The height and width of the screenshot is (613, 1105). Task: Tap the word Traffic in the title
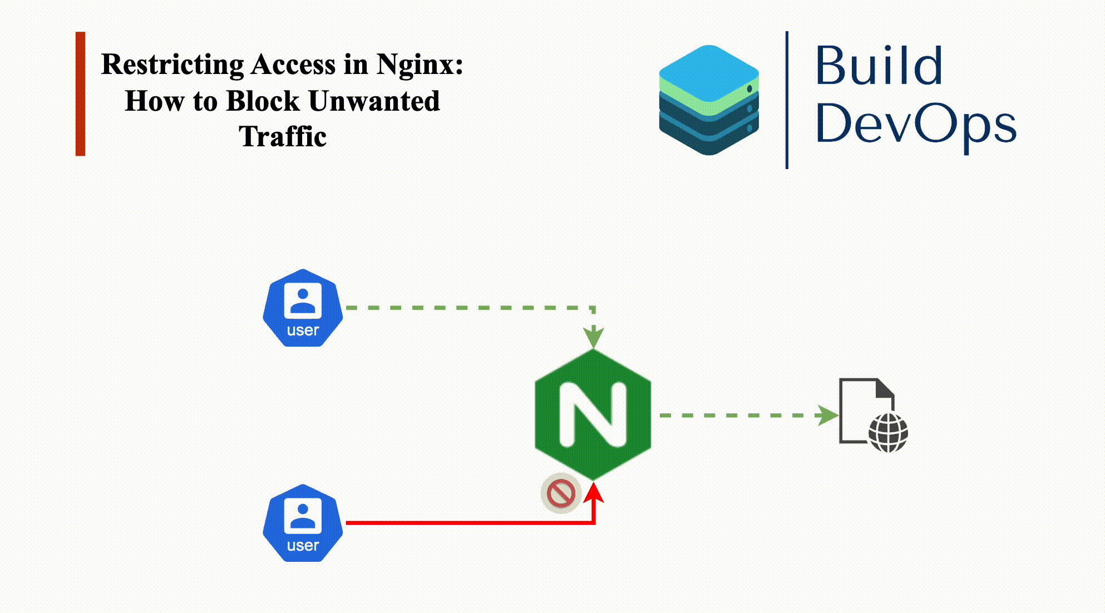[283, 137]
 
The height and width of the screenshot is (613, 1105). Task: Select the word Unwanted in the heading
[374, 101]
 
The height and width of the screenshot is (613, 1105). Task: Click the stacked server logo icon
[709, 100]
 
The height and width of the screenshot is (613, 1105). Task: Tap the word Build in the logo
[879, 67]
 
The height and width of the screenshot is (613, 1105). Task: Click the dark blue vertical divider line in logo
[787, 100]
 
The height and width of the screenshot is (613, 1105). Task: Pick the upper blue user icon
[303, 308]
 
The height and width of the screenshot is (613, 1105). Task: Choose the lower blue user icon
[303, 523]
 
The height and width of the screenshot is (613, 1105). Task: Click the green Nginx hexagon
[593, 414]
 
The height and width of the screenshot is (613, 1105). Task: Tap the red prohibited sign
[561, 493]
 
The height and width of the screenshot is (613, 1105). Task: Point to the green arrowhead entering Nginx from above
[594, 337]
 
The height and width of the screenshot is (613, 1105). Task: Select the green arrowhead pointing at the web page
[827, 415]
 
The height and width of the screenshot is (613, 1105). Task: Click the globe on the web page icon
[888, 433]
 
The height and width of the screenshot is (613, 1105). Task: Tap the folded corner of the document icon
[885, 388]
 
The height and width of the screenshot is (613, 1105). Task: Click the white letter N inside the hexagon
[593, 414]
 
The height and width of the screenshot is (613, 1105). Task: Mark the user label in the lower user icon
[303, 546]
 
